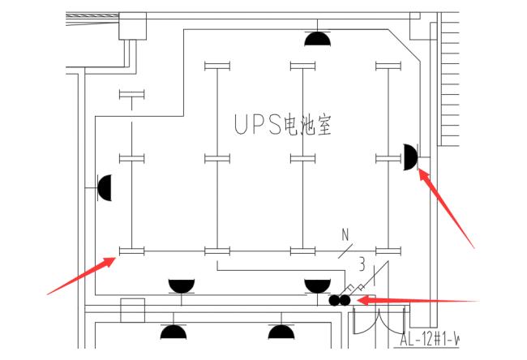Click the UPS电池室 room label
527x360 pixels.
(x=283, y=125)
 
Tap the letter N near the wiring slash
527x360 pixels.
(x=345, y=236)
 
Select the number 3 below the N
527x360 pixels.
(x=362, y=262)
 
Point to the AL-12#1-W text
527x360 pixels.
(x=430, y=339)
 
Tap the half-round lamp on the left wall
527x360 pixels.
(x=104, y=188)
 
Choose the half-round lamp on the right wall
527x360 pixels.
(x=410, y=156)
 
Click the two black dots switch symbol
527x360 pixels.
(x=339, y=300)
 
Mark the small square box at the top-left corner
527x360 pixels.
(x=132, y=26)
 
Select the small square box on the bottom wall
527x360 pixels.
(x=132, y=310)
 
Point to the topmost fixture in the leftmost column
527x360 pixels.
(x=131, y=96)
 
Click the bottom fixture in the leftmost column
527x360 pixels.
(x=131, y=251)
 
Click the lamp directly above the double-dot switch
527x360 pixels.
(x=317, y=285)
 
